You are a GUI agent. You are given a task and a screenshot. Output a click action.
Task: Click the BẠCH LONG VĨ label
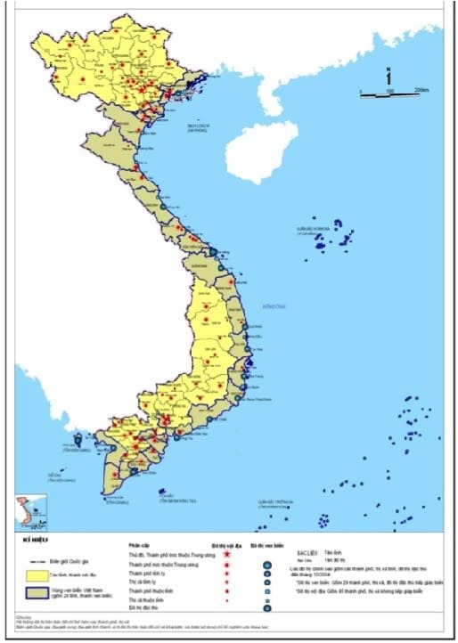pyautogui.click(x=197, y=126)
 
